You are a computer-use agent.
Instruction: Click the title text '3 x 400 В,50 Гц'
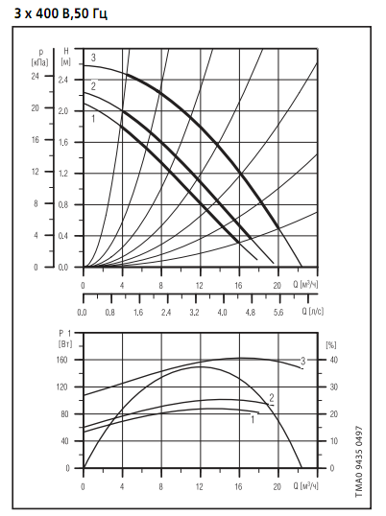60,13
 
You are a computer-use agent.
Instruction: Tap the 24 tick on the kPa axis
35,76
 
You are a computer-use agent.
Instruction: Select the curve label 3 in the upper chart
93,58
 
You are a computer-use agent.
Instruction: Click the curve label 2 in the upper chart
93,86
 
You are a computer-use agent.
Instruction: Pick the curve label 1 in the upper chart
93,118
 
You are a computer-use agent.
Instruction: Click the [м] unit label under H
66,61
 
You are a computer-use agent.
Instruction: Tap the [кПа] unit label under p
40,62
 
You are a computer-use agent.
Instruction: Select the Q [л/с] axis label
313,311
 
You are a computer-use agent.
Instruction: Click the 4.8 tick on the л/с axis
251,312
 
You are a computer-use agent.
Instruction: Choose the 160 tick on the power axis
61,360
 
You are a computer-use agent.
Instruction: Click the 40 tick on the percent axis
334,360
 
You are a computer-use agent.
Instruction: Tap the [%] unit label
331,345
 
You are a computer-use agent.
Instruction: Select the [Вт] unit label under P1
65,344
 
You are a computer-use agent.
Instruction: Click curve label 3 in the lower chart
303,361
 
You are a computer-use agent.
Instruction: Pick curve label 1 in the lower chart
253,419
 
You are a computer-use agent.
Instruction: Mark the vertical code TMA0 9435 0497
359,461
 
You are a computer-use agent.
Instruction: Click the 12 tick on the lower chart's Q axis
200,486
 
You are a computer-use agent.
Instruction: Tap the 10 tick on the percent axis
334,441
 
